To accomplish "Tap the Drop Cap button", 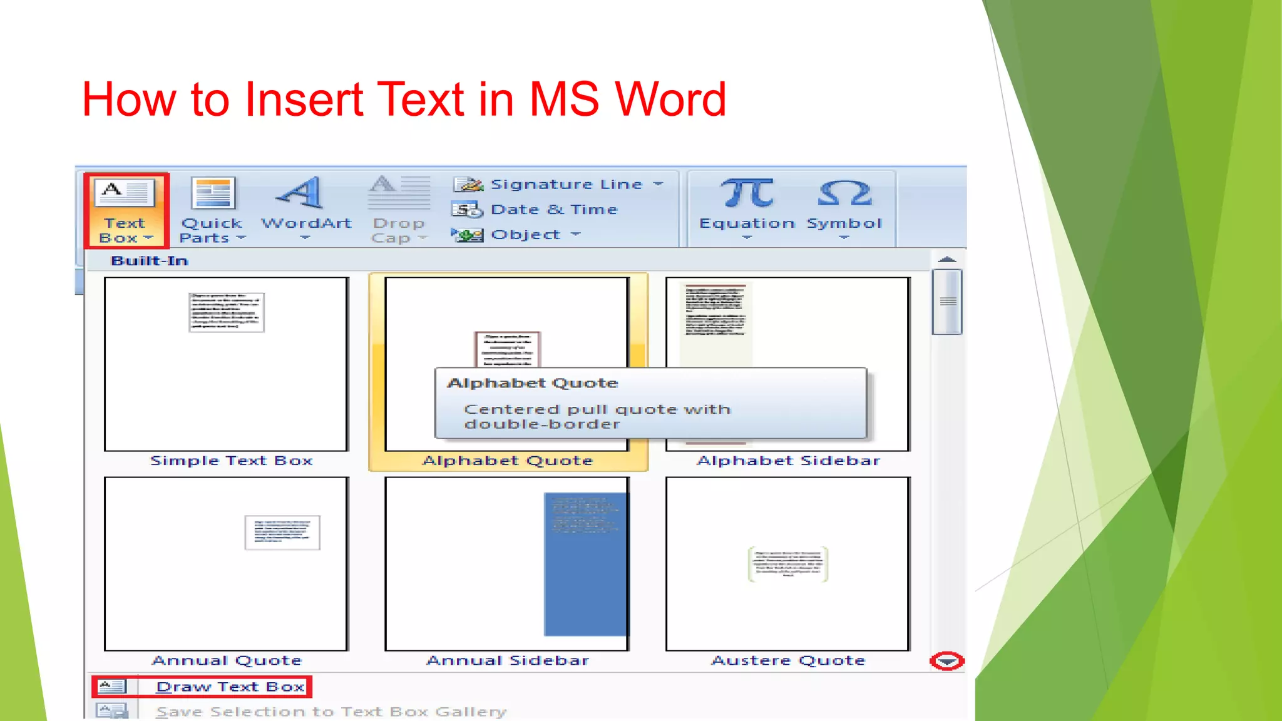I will (399, 210).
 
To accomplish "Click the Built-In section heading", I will (150, 261).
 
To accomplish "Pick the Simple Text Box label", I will (231, 461).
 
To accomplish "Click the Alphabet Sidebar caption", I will (788, 461).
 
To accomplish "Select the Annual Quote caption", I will (227, 661).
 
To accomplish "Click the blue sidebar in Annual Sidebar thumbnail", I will (585, 563).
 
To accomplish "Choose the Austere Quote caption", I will (788, 661).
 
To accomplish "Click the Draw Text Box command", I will (230, 687).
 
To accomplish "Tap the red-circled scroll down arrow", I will (947, 662).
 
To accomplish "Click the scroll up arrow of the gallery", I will (947, 259).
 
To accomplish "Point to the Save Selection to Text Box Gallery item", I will (331, 712).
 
